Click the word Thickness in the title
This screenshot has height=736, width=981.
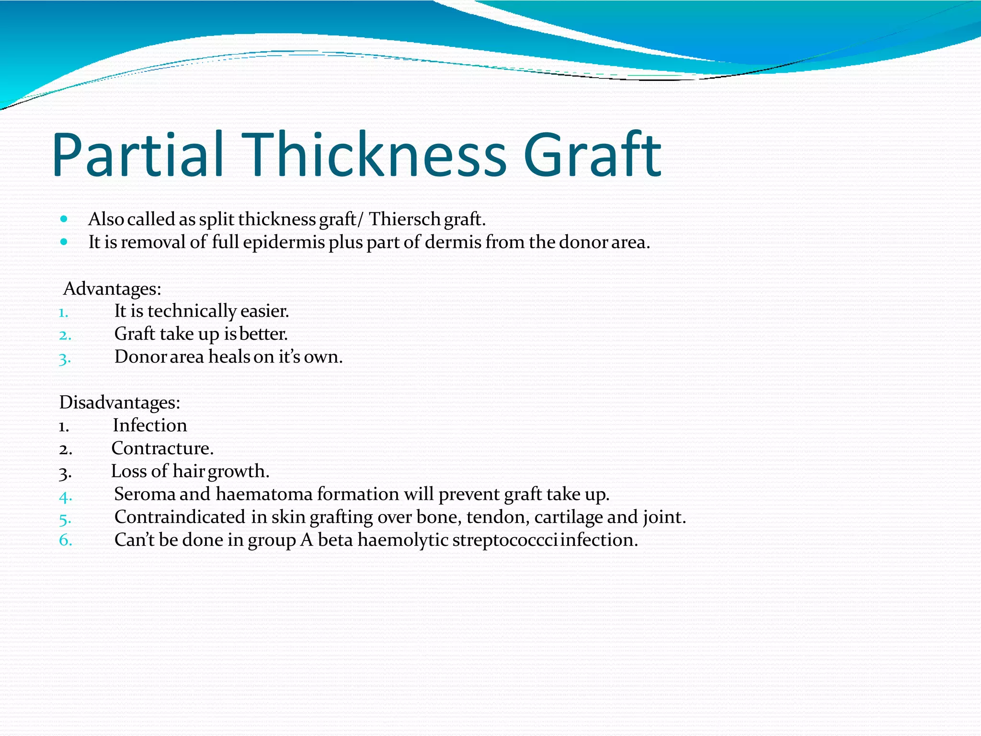tap(374, 154)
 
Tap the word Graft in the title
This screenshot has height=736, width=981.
tap(592, 154)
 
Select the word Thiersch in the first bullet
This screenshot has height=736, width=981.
tap(404, 219)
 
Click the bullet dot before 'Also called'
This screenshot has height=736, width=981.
tap(64, 219)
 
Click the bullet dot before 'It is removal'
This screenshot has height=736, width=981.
tap(64, 242)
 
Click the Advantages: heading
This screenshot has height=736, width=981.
tap(112, 288)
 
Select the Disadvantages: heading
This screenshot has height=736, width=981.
tap(119, 402)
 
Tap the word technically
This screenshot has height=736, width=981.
tap(192, 311)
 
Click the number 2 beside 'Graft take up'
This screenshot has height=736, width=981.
tap(65, 335)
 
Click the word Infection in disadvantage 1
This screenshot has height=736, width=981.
tap(149, 425)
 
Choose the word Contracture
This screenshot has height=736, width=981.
tap(162, 448)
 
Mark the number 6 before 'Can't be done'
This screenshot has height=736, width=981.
tap(65, 540)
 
